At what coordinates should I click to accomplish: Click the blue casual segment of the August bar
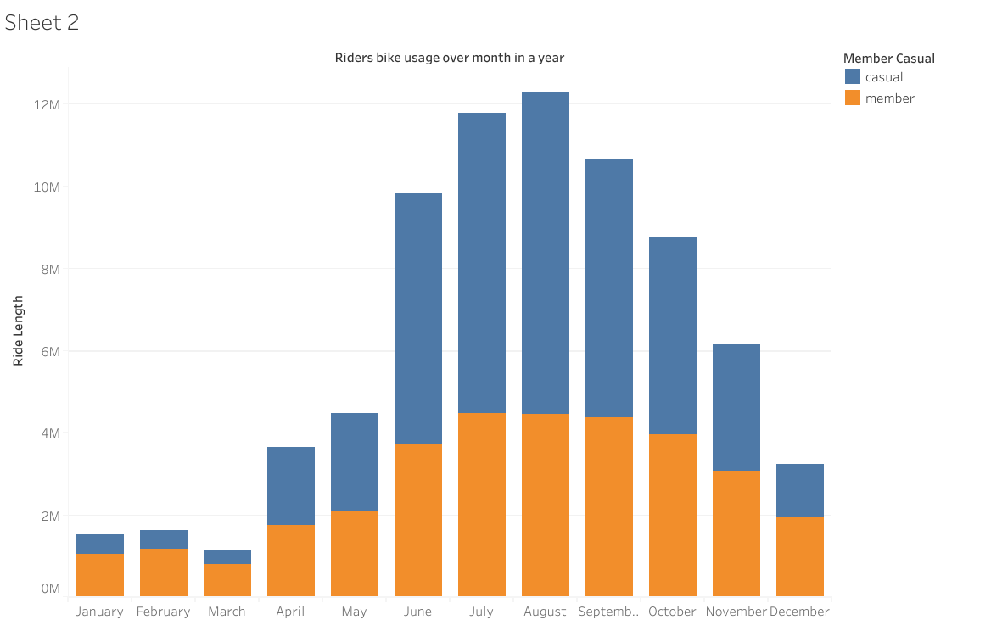(545, 253)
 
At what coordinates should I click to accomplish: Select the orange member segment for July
(481, 505)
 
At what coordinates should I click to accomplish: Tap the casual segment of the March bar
(227, 557)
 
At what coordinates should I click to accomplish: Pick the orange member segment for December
(799, 556)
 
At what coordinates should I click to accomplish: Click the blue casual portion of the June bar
(417, 318)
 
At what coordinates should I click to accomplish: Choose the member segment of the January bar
(99, 575)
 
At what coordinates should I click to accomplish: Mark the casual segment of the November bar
(736, 407)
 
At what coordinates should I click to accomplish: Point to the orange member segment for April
(290, 561)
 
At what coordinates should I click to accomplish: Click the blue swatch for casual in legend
(853, 77)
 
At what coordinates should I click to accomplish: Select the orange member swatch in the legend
(853, 98)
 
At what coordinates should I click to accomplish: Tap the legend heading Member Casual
(888, 59)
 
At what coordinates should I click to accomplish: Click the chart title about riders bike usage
(449, 58)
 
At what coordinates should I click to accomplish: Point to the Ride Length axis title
(19, 331)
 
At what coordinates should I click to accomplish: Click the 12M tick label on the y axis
(46, 104)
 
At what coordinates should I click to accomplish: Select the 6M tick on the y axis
(49, 351)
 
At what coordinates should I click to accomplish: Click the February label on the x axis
(163, 612)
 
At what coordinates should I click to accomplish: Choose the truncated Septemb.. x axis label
(608, 612)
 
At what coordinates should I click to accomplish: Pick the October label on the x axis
(672, 612)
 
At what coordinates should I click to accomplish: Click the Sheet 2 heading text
(42, 23)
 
